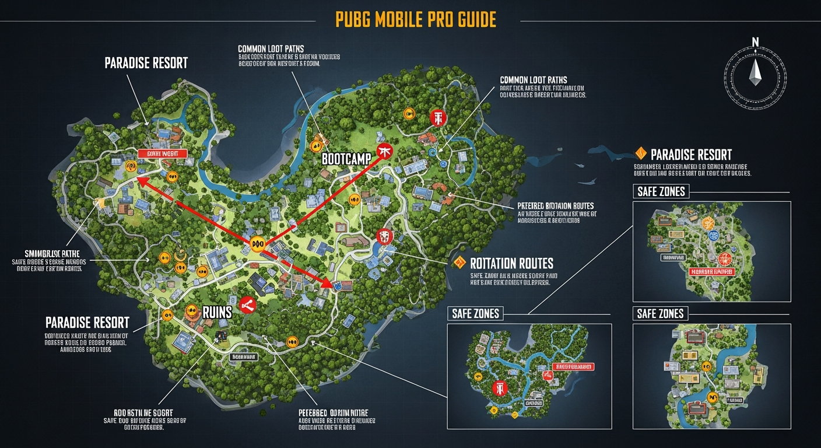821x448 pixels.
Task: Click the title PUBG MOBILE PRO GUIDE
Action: click(x=416, y=19)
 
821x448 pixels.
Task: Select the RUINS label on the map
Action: click(x=217, y=311)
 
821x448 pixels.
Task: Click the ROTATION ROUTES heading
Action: click(x=511, y=263)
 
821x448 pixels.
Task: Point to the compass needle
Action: click(x=756, y=71)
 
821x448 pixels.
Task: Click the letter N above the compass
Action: click(x=756, y=41)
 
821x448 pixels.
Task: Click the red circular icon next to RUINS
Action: click(x=248, y=304)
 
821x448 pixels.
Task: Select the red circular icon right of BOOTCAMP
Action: click(x=385, y=151)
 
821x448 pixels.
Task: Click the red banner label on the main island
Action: click(x=163, y=153)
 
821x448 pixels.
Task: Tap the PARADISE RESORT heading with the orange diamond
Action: click(x=691, y=155)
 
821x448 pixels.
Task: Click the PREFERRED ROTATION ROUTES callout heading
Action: click(x=555, y=206)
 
